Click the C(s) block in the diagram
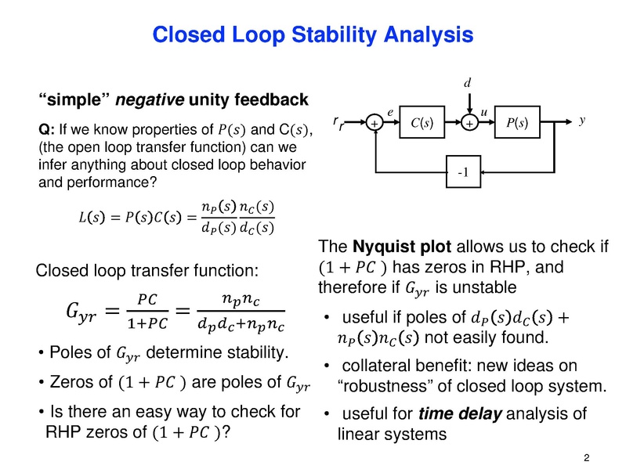(422, 123)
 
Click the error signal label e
(390, 113)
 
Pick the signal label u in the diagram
(484, 114)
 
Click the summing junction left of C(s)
(374, 124)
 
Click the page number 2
(587, 456)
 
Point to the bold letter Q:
(45, 129)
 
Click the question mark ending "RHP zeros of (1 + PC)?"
(226, 431)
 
